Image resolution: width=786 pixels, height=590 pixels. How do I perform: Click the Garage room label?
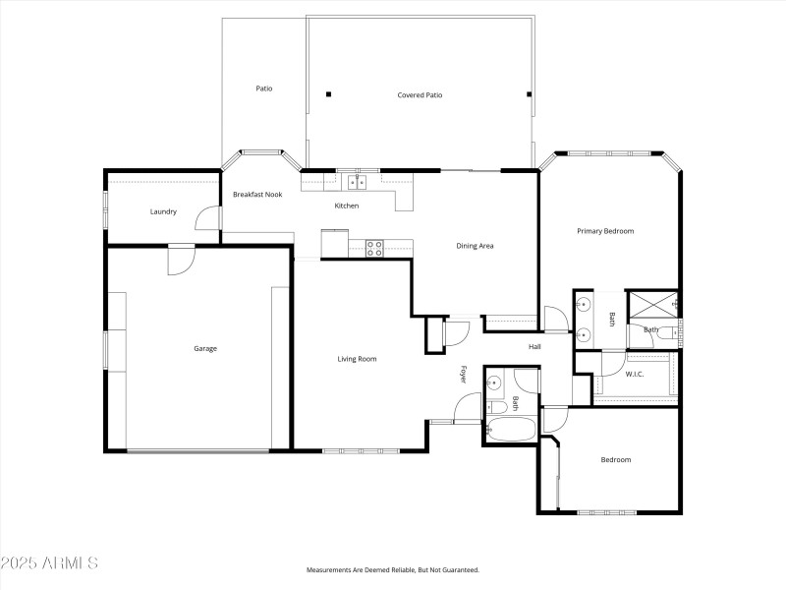click(x=205, y=348)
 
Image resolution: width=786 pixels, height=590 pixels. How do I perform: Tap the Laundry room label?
click(x=163, y=211)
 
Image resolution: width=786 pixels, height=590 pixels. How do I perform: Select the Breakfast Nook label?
click(x=257, y=194)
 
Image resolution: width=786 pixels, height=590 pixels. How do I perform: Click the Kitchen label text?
click(x=347, y=206)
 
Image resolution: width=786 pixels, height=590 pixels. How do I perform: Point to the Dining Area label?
click(x=475, y=245)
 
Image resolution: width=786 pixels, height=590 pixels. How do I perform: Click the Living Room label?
click(x=357, y=359)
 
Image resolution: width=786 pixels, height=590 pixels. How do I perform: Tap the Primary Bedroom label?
click(x=605, y=231)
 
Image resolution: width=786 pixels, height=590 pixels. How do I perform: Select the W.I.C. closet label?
click(x=635, y=374)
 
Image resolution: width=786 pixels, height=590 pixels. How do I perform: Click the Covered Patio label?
click(x=420, y=95)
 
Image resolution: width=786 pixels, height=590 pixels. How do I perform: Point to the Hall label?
click(x=535, y=346)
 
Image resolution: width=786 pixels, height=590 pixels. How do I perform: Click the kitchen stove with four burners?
click(x=374, y=248)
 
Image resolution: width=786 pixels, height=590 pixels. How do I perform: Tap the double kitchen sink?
click(x=356, y=181)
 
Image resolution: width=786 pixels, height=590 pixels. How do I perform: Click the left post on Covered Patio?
click(x=328, y=94)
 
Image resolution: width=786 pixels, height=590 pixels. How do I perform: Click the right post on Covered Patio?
click(x=530, y=94)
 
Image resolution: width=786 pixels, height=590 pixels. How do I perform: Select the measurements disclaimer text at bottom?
click(x=393, y=569)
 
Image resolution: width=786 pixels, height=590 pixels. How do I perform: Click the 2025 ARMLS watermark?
click(x=49, y=563)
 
